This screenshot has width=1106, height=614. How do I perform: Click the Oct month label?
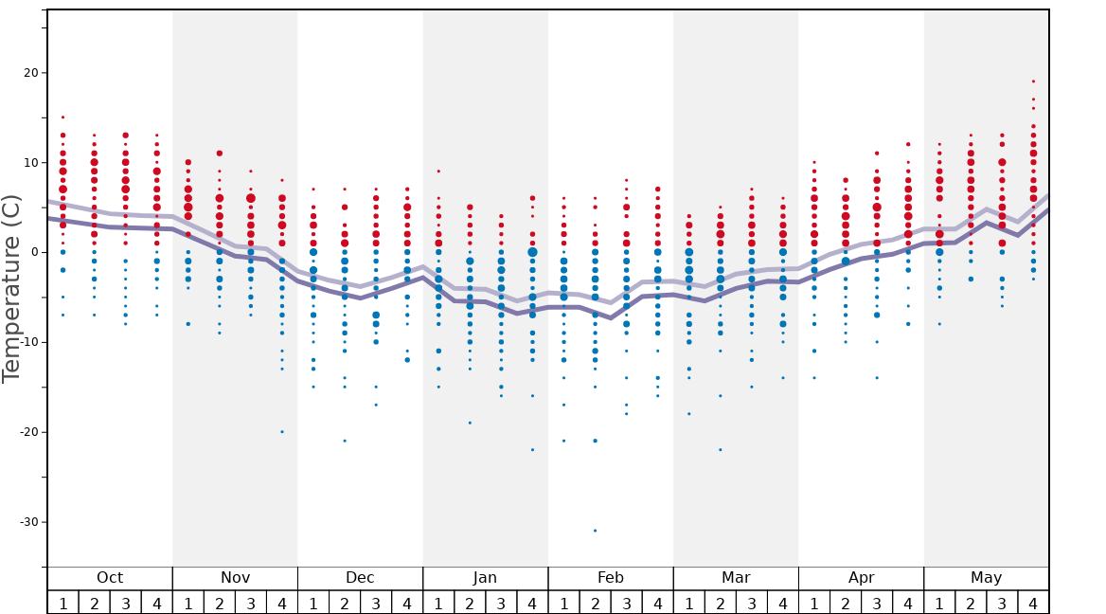point(110,578)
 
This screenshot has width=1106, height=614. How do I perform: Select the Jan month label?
point(485,578)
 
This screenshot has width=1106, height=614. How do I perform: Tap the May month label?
point(986,578)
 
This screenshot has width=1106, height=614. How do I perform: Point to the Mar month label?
point(736,578)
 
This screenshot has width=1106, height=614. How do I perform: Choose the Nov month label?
point(235,578)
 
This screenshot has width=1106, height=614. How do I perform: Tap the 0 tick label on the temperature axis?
point(33,252)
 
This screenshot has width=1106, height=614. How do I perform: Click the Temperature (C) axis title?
point(11,288)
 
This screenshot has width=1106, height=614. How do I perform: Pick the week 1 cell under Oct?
point(62,603)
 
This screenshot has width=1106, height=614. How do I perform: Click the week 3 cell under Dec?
point(376,603)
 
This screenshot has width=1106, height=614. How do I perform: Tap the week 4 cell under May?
point(1033,603)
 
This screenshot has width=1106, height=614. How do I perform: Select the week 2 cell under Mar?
point(720,603)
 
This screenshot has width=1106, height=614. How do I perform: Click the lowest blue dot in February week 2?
point(595,531)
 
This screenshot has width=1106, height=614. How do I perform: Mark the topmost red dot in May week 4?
point(1033,81)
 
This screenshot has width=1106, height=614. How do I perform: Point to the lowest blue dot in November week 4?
point(281,432)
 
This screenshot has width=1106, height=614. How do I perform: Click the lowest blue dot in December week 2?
point(345,441)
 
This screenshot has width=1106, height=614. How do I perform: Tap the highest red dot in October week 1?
point(62,117)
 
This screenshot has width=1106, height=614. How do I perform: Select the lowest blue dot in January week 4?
point(532,450)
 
